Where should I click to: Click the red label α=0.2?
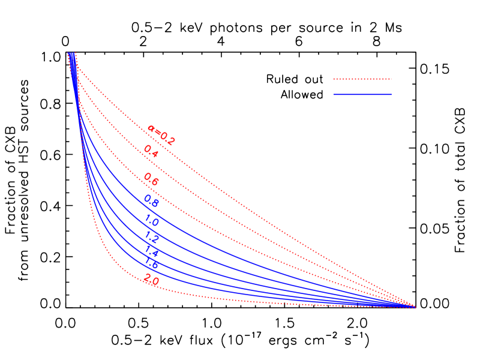(161, 135)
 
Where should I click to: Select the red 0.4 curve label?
(151, 151)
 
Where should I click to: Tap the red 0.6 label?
(151, 179)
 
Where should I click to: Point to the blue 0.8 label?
(151, 201)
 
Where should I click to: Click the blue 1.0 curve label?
(151, 221)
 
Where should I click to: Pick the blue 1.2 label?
(152, 237)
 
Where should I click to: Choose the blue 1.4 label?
(152, 251)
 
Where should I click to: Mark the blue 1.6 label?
(151, 263)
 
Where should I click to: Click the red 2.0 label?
(151, 280)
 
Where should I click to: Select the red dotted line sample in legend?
(362, 79)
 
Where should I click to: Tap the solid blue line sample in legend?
(362, 94)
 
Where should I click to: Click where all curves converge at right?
(414, 307)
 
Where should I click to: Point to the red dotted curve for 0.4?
(240, 210)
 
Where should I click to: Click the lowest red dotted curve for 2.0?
(240, 299)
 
